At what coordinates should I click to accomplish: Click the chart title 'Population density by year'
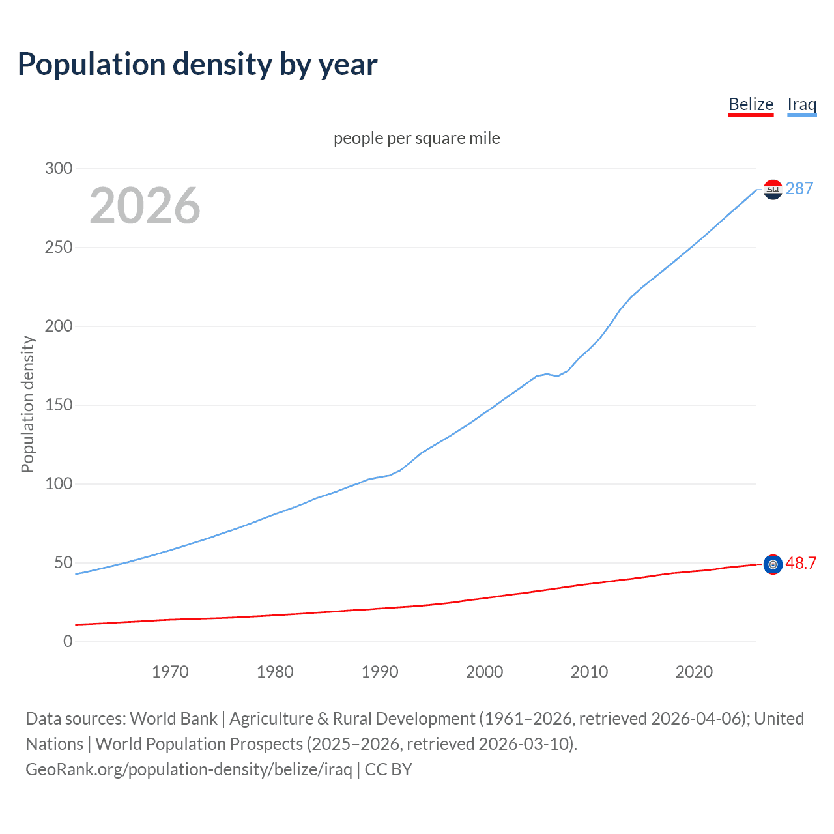(x=197, y=65)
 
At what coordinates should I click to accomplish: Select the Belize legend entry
(x=751, y=104)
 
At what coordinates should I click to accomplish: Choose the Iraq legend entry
(x=801, y=104)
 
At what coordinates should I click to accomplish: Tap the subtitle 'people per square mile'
(x=417, y=138)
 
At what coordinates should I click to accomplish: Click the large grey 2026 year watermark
(x=145, y=206)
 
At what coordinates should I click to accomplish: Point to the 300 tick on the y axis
(x=59, y=169)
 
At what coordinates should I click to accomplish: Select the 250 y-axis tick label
(x=59, y=248)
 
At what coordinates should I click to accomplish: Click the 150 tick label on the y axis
(x=59, y=405)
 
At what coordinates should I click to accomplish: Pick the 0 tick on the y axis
(x=68, y=642)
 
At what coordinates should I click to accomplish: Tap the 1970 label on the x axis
(x=170, y=672)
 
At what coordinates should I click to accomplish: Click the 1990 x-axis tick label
(x=380, y=672)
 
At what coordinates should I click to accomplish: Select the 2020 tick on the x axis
(x=694, y=672)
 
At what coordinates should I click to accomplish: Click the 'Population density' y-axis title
(x=27, y=404)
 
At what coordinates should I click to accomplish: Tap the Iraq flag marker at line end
(x=773, y=190)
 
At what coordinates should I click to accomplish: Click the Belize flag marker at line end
(x=773, y=564)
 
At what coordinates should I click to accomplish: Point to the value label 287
(x=799, y=189)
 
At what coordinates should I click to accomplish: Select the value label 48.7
(x=801, y=564)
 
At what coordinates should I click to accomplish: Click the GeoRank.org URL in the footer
(x=189, y=769)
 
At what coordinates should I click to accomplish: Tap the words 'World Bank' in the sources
(x=173, y=719)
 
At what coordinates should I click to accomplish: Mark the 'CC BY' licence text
(x=388, y=769)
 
